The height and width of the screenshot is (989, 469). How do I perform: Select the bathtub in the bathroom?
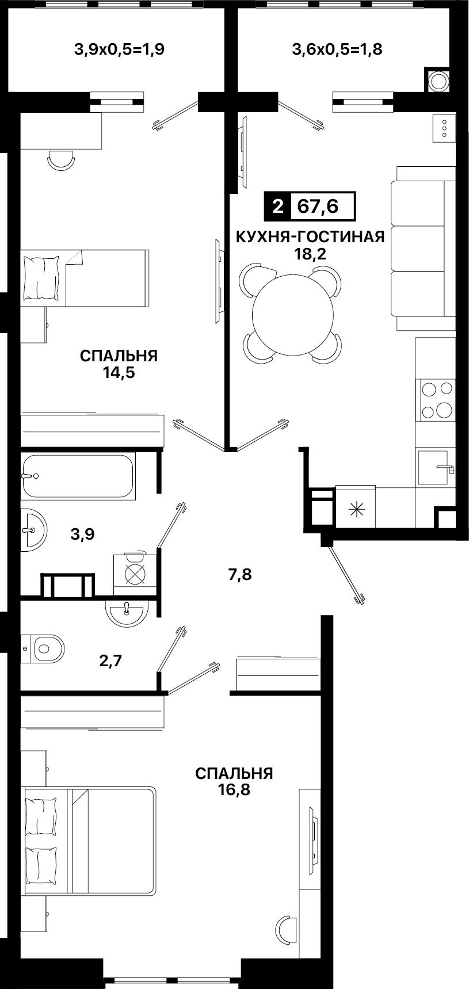point(78,476)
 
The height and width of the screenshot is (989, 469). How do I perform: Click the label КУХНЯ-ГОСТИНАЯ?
point(310,236)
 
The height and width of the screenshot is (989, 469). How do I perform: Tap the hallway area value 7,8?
point(241,574)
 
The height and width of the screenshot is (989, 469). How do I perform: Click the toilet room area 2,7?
point(110,660)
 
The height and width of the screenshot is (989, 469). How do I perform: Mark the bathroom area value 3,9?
point(82,534)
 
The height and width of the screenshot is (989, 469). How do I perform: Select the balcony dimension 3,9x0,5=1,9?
point(120,49)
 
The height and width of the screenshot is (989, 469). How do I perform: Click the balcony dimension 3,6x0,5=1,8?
point(337,49)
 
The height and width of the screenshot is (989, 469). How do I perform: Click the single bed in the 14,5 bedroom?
point(85,278)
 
